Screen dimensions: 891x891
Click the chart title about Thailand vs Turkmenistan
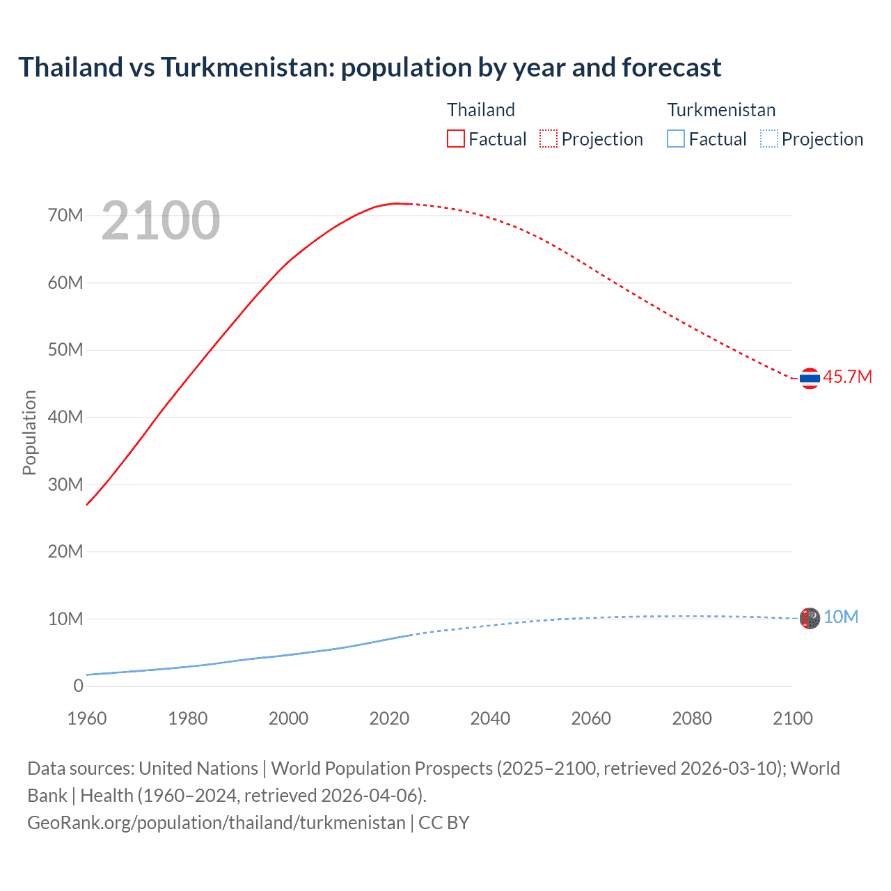coord(370,68)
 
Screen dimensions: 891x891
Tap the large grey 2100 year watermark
coord(161,221)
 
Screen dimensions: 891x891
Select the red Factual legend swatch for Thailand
coord(455,139)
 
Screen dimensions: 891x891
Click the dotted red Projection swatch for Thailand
coord(549,139)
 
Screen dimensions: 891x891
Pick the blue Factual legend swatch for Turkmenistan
coord(676,139)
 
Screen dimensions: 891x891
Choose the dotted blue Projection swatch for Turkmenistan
coord(768,139)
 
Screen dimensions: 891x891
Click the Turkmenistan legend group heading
coord(721,110)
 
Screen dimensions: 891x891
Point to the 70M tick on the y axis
coord(65,215)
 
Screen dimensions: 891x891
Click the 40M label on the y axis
coord(65,417)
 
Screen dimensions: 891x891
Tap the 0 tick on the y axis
coord(78,686)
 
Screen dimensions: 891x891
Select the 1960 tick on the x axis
coord(87,718)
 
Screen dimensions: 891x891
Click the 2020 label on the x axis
coord(389,718)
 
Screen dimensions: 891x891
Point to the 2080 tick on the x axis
coord(692,718)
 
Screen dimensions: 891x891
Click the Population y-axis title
coord(29,432)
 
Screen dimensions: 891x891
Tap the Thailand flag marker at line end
coord(810,379)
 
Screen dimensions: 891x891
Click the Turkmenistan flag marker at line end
coord(810,618)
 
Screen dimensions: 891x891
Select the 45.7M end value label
coord(847,377)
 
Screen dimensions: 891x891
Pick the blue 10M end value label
coord(841,617)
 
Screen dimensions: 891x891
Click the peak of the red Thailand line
coord(397,203)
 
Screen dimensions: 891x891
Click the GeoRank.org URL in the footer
coord(216,822)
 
